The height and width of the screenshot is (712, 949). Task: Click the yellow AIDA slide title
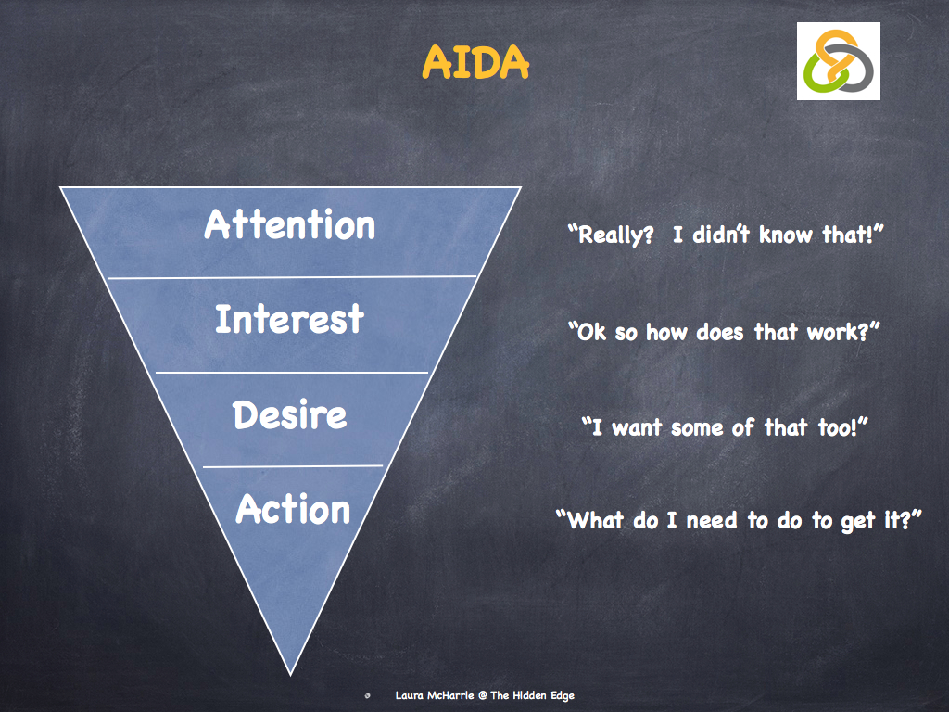pos(474,62)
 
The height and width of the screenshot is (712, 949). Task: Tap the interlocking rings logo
pos(838,61)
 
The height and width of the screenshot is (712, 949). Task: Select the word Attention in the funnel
pos(290,225)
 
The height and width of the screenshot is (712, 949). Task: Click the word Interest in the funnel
pos(289,320)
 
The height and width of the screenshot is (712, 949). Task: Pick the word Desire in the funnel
pos(290,414)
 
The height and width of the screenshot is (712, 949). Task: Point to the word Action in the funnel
pos(293,510)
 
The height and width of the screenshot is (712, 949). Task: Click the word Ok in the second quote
pos(590,331)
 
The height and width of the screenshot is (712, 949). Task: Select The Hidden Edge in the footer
pos(538,695)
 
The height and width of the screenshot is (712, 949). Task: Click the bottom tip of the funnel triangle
pos(291,673)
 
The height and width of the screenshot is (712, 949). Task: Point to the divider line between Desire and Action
pos(292,466)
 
